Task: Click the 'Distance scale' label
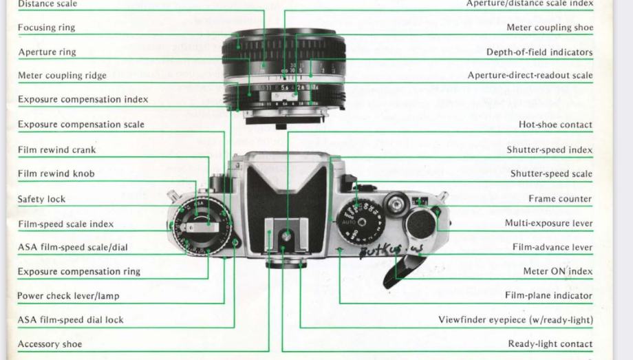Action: point(47,4)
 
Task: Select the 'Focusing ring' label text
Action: point(47,28)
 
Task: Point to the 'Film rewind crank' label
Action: point(57,149)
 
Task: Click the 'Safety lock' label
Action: point(41,199)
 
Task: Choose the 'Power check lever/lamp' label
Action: point(68,296)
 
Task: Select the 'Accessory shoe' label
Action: point(50,344)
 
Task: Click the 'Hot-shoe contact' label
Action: point(555,125)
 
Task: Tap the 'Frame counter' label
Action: point(560,199)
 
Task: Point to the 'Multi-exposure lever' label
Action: point(548,224)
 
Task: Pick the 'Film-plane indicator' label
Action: point(548,296)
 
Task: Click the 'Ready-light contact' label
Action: point(550,344)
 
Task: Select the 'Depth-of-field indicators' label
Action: point(539,52)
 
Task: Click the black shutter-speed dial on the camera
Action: point(361,221)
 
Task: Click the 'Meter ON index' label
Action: point(557,271)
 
